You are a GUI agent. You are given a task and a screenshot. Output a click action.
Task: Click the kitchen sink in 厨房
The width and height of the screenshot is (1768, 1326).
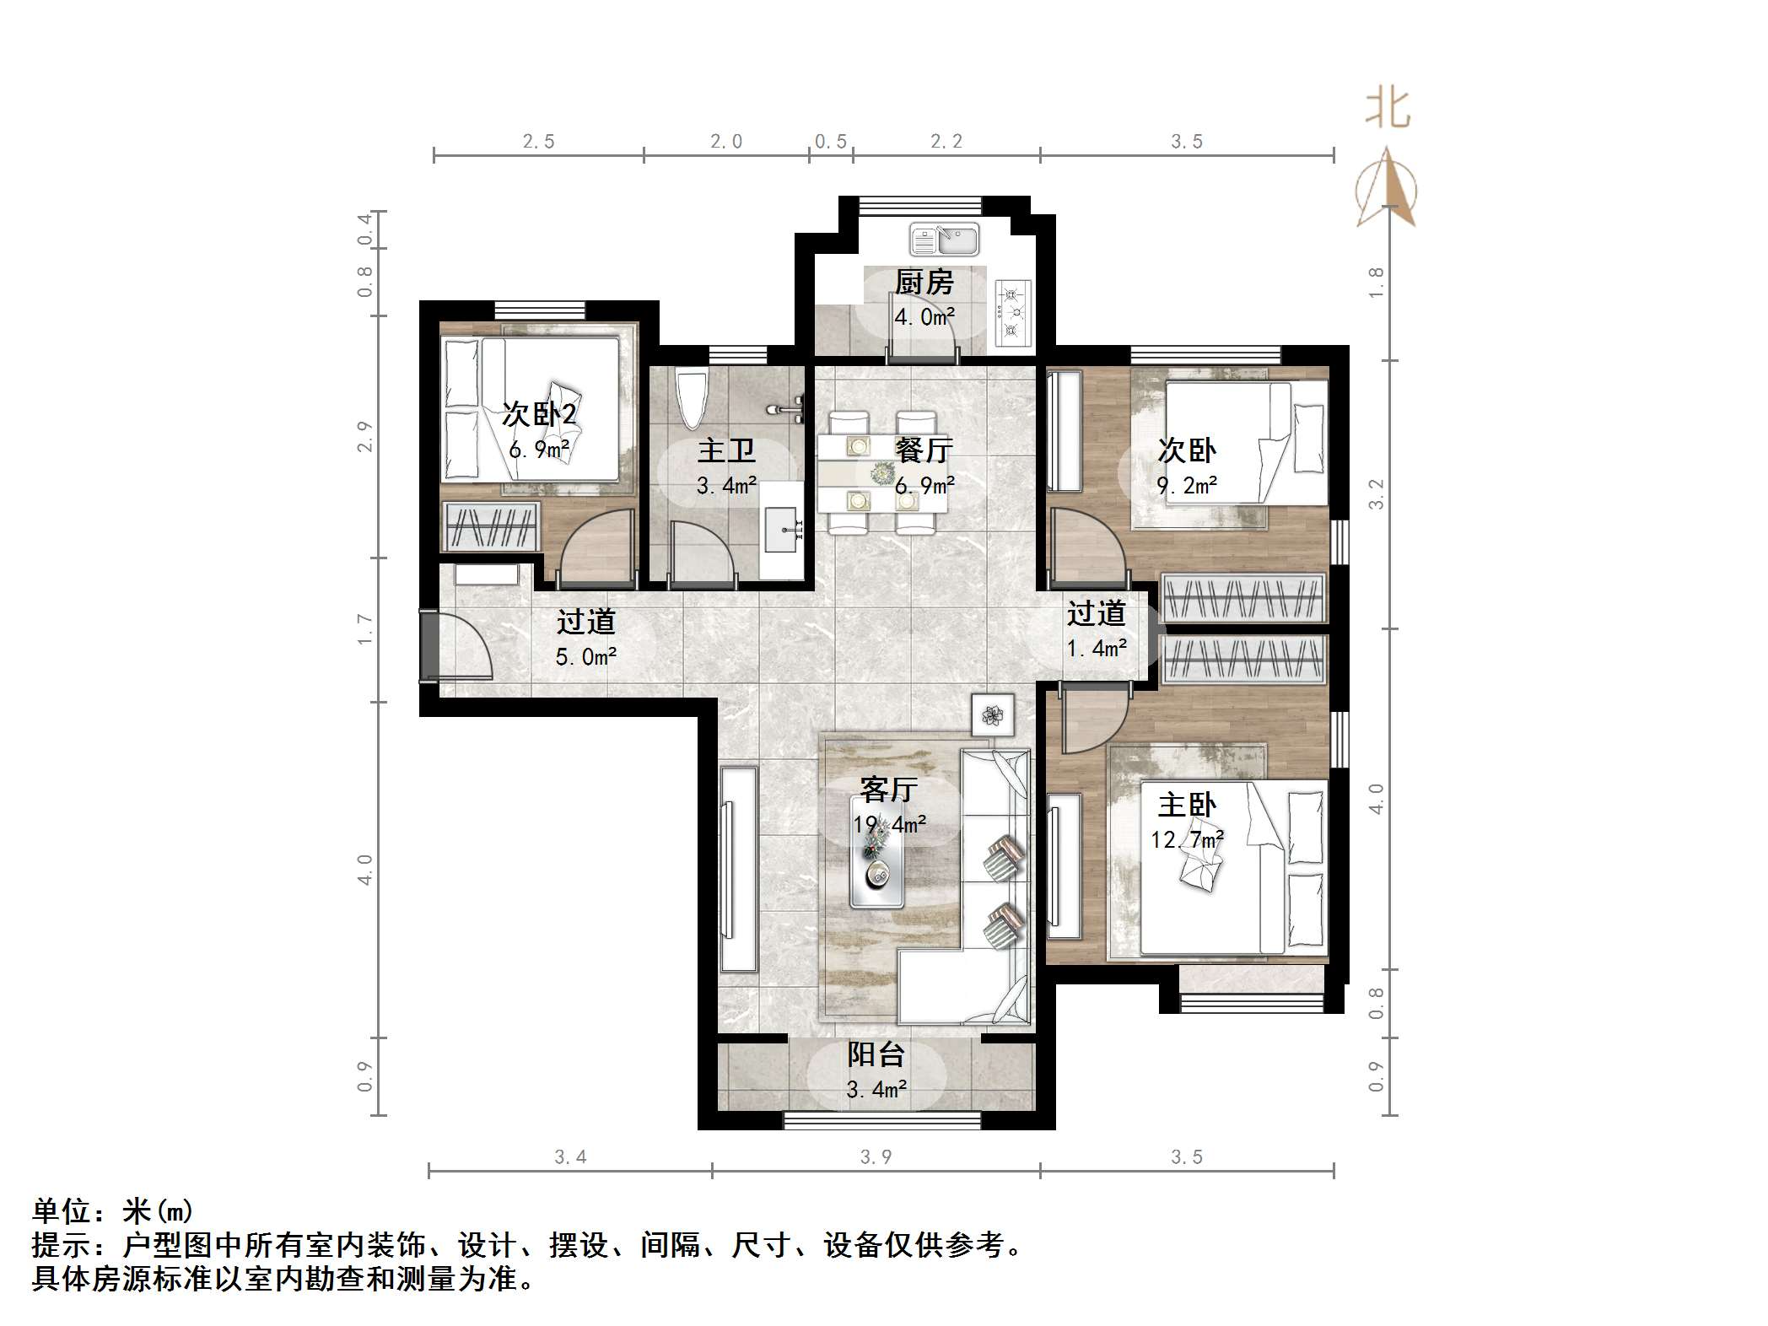point(944,240)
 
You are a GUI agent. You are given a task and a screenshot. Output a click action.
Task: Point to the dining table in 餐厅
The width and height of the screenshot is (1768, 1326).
point(881,472)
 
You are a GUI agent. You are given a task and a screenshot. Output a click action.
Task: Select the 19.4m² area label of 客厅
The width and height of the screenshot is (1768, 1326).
point(890,825)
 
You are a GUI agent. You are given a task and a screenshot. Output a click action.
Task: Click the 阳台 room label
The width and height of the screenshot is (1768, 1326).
point(876,1055)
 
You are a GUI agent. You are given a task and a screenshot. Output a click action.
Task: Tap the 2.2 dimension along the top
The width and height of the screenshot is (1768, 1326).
point(946,142)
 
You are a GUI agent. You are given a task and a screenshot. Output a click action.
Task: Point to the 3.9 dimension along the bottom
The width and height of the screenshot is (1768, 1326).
point(876,1157)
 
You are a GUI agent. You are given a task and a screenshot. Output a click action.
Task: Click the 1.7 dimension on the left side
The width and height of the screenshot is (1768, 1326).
point(364,629)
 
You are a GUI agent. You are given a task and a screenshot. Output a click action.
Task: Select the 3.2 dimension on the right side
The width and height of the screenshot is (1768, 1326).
point(1377,494)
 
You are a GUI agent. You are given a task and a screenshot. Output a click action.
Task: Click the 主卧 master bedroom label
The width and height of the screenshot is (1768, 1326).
point(1187,805)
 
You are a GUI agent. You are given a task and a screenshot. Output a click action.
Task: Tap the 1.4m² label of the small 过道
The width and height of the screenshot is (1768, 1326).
point(1097,649)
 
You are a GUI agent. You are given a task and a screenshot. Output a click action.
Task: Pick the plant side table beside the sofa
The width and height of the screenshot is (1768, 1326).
point(993,715)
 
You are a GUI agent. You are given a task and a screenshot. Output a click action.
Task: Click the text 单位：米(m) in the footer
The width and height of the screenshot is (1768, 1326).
point(113,1212)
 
